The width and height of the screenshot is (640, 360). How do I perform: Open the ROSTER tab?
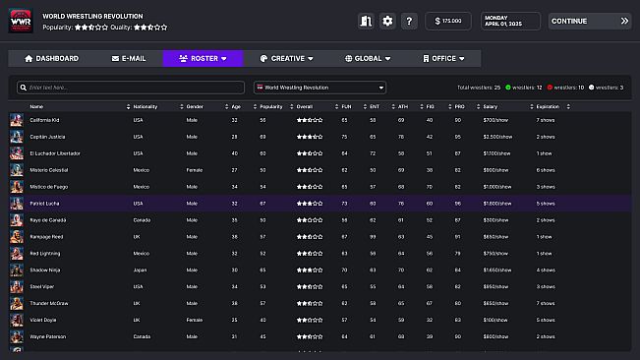click(x=202, y=59)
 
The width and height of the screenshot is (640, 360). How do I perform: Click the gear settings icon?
click(x=387, y=21)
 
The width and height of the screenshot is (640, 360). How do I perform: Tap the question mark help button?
click(x=410, y=21)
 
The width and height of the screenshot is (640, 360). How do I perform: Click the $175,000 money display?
click(x=447, y=21)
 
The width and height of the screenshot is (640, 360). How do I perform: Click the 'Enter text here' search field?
click(x=131, y=88)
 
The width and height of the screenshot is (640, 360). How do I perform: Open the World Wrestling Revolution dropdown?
click(x=318, y=88)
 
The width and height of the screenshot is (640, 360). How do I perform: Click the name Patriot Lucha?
click(x=46, y=203)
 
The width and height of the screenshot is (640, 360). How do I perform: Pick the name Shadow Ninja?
click(x=45, y=270)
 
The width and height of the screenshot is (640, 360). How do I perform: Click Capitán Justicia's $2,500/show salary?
click(x=496, y=137)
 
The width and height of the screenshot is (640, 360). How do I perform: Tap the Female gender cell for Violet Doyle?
click(x=195, y=320)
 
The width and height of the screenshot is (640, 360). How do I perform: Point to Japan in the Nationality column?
click(x=139, y=270)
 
